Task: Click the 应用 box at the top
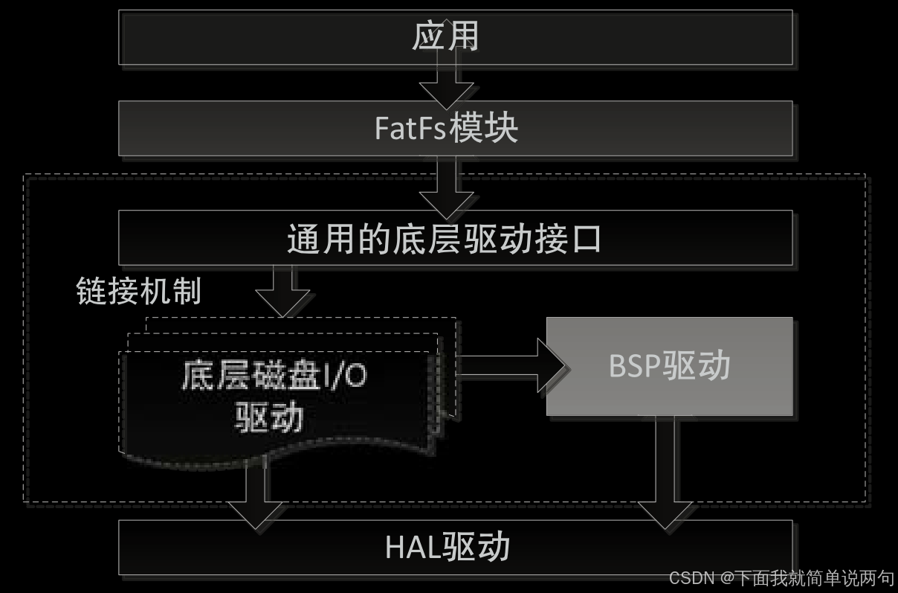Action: pyautogui.click(x=455, y=36)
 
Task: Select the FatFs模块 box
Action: pyautogui.click(x=455, y=129)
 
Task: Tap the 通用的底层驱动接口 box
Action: pyautogui.click(x=455, y=238)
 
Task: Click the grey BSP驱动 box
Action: pyautogui.click(x=669, y=366)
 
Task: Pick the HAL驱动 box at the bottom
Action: pyautogui.click(x=455, y=548)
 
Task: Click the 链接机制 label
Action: pyautogui.click(x=138, y=291)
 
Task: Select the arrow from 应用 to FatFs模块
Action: pyautogui.click(x=446, y=83)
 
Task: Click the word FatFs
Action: pyautogui.click(x=410, y=129)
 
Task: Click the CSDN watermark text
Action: pyautogui.click(x=691, y=578)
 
